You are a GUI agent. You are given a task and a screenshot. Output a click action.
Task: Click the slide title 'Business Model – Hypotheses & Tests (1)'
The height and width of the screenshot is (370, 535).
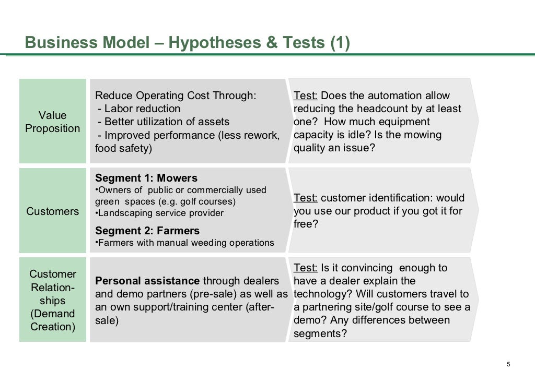click(187, 42)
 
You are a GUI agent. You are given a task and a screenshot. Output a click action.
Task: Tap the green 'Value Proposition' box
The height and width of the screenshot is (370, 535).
click(53, 121)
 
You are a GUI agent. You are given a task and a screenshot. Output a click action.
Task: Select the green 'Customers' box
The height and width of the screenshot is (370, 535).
click(53, 211)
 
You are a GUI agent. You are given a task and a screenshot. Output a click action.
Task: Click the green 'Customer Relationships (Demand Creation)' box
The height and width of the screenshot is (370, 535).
click(53, 300)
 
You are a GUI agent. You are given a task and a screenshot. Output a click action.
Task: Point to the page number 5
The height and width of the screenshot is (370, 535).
click(508, 364)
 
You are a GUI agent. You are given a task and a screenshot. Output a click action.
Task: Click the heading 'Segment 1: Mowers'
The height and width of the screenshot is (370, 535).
click(146, 178)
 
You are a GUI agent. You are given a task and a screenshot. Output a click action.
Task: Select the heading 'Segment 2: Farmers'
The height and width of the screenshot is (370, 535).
click(147, 231)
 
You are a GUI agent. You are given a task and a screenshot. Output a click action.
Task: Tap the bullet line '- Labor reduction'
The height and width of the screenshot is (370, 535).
click(139, 109)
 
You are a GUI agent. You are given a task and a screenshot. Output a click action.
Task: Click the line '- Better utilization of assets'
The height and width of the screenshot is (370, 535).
click(164, 122)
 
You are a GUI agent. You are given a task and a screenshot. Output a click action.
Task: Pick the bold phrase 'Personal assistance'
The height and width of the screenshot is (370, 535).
click(147, 281)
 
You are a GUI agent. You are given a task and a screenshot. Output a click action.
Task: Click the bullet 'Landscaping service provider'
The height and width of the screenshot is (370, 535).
click(160, 213)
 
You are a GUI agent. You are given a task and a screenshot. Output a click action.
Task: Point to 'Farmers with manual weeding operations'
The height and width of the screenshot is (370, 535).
click(185, 243)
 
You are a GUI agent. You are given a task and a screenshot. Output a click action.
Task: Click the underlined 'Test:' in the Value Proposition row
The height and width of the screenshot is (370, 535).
click(306, 96)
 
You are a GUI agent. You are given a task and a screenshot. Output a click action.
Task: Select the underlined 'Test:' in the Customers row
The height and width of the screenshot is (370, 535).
click(306, 198)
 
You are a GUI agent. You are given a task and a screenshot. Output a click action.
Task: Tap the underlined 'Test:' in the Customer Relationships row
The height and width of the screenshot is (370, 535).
click(306, 268)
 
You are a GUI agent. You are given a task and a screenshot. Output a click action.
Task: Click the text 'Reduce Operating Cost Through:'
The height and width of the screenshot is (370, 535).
click(176, 96)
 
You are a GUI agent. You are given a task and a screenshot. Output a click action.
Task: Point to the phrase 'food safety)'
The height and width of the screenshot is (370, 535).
click(123, 148)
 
